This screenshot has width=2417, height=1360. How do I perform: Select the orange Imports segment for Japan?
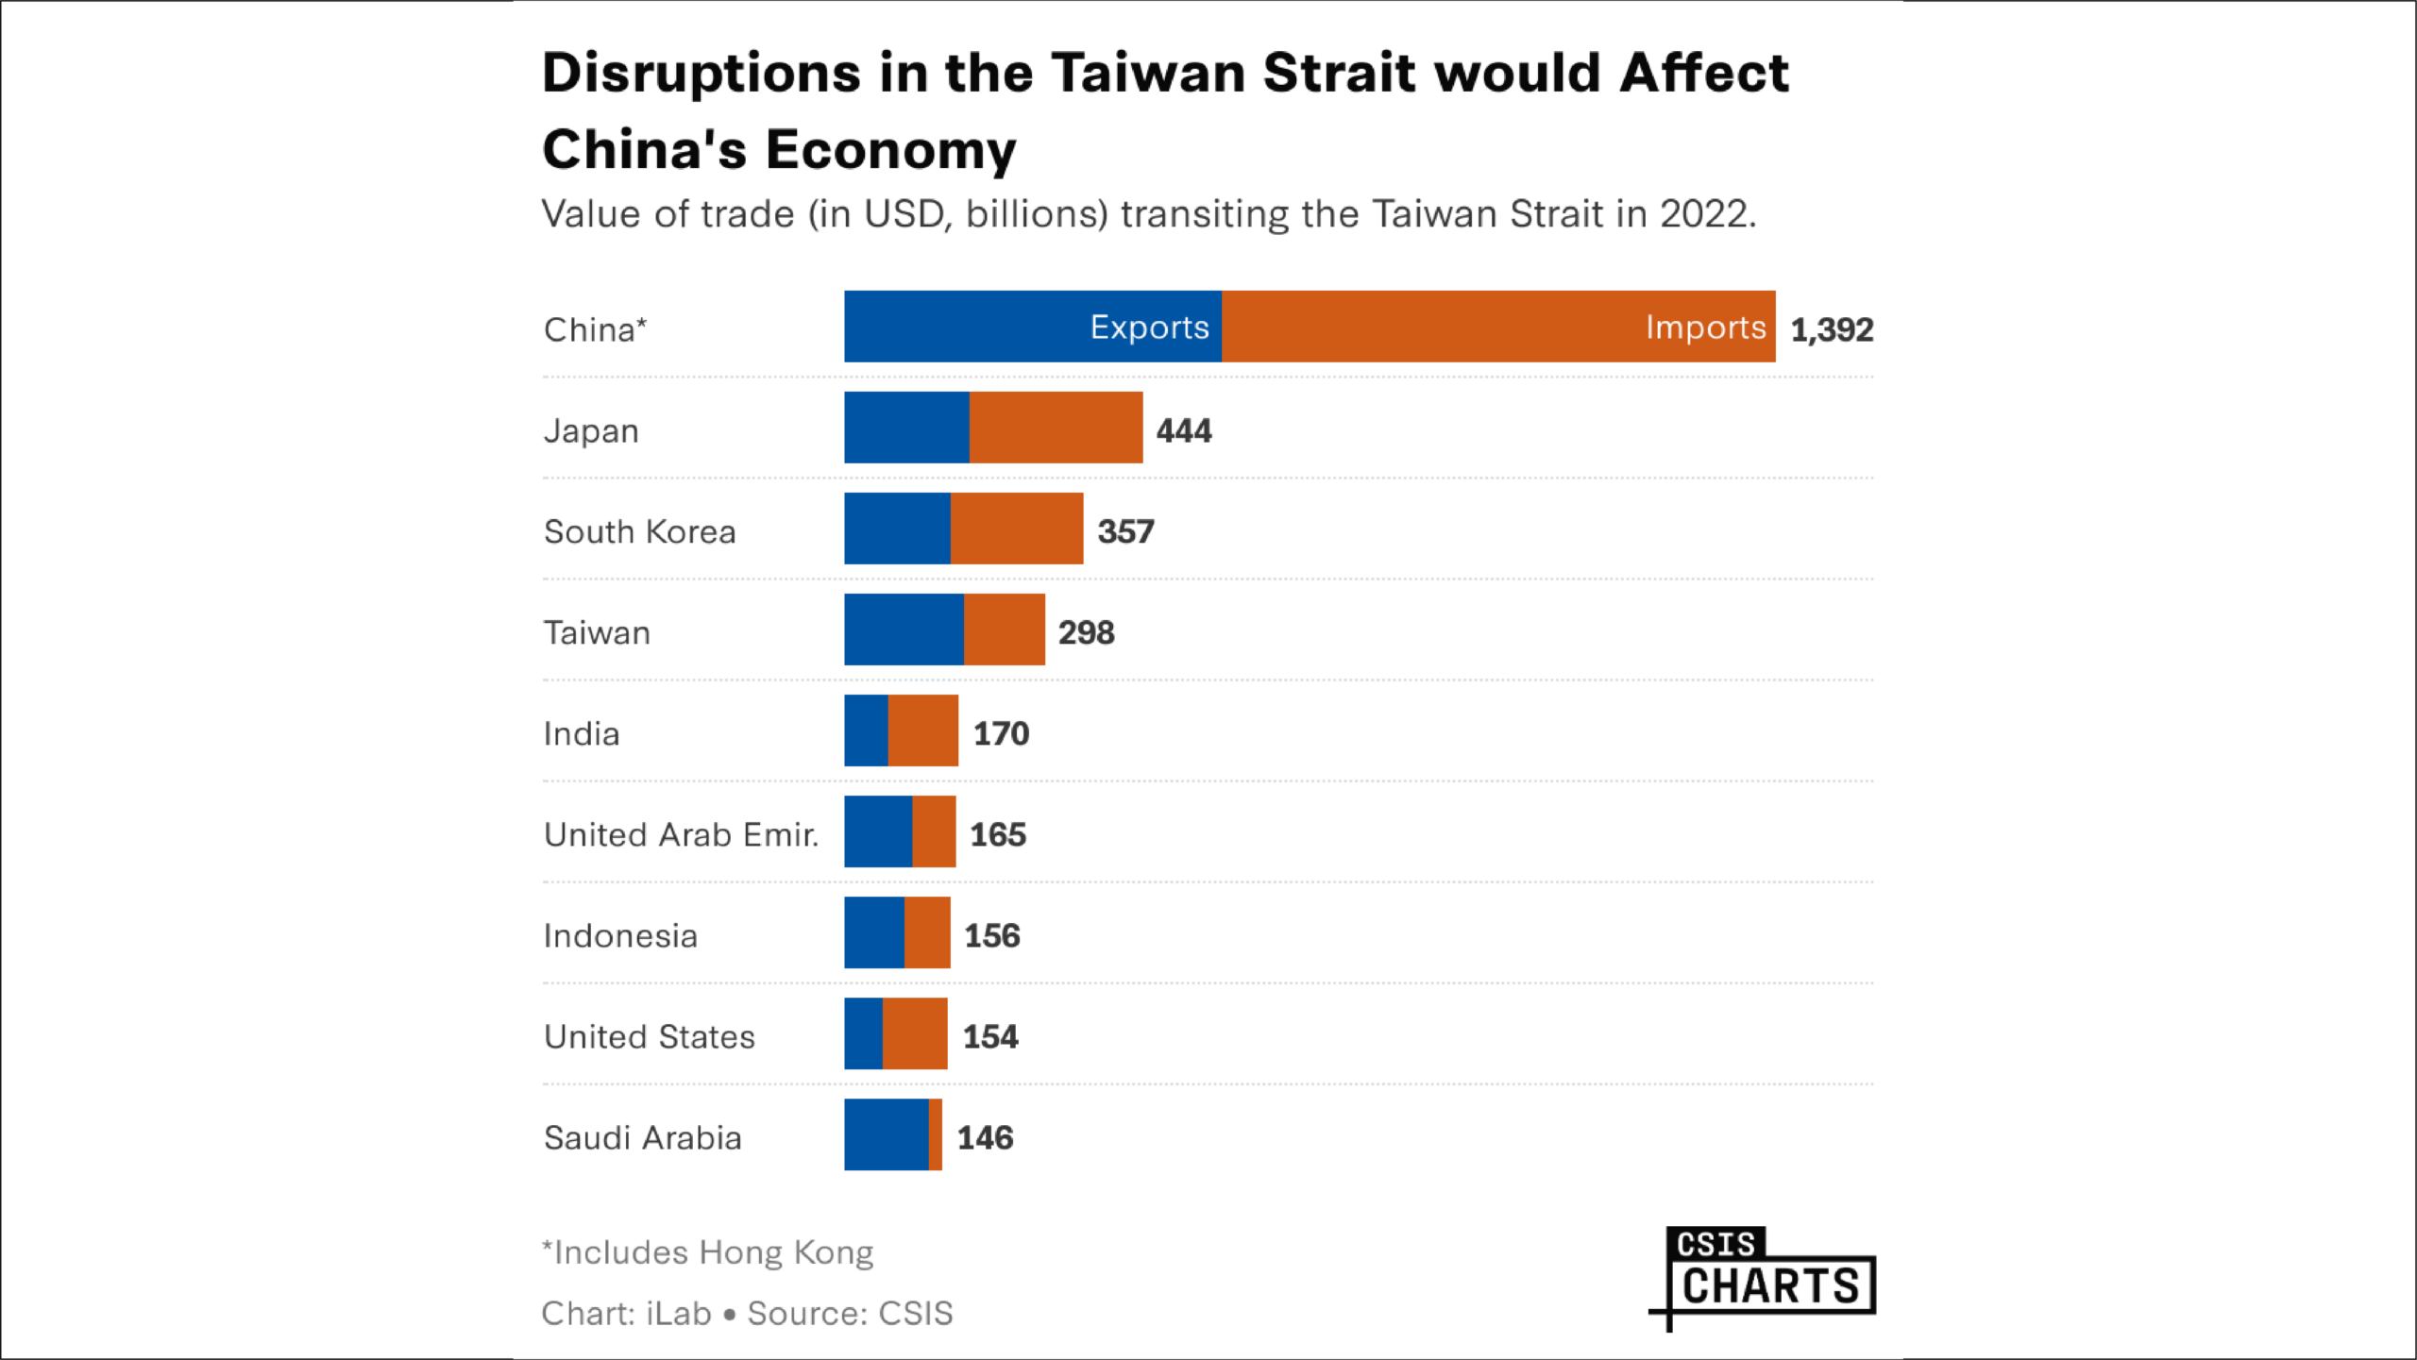pos(1056,428)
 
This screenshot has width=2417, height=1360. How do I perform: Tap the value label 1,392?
pos(1831,329)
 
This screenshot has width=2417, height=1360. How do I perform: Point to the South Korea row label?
pos(639,531)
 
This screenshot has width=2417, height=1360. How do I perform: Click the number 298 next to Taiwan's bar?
pos(1086,632)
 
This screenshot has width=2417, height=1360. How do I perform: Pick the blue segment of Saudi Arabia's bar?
pos(886,1134)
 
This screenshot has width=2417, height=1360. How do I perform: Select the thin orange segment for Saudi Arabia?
pos(935,1134)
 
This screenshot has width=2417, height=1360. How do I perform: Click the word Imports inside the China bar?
pos(1704,327)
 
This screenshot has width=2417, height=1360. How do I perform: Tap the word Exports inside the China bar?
pos(1149,327)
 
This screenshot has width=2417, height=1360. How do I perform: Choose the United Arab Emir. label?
pos(681,834)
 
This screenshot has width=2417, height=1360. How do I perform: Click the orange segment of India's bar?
pos(922,730)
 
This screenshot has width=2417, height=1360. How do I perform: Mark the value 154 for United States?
pos(989,1036)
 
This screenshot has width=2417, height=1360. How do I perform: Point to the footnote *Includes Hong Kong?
pos(707,1252)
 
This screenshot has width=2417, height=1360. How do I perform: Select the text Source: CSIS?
pos(850,1313)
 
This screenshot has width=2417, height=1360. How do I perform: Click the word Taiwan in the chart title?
pos(1148,73)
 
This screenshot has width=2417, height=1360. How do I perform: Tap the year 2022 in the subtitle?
pos(1704,214)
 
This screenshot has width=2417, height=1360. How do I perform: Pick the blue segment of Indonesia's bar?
pos(873,932)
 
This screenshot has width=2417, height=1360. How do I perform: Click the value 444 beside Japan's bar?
pos(1183,430)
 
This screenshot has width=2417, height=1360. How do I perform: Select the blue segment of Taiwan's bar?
pos(903,630)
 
